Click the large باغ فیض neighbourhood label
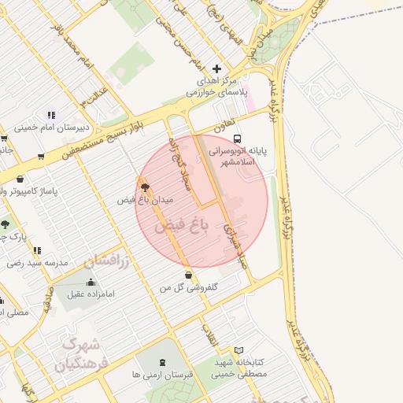point(183,226)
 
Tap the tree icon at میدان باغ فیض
point(144,187)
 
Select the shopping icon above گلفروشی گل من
point(188,275)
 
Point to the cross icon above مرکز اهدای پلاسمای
point(216,68)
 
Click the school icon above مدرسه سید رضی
point(37,250)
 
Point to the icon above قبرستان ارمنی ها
point(163,362)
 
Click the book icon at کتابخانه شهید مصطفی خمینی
point(240,350)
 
